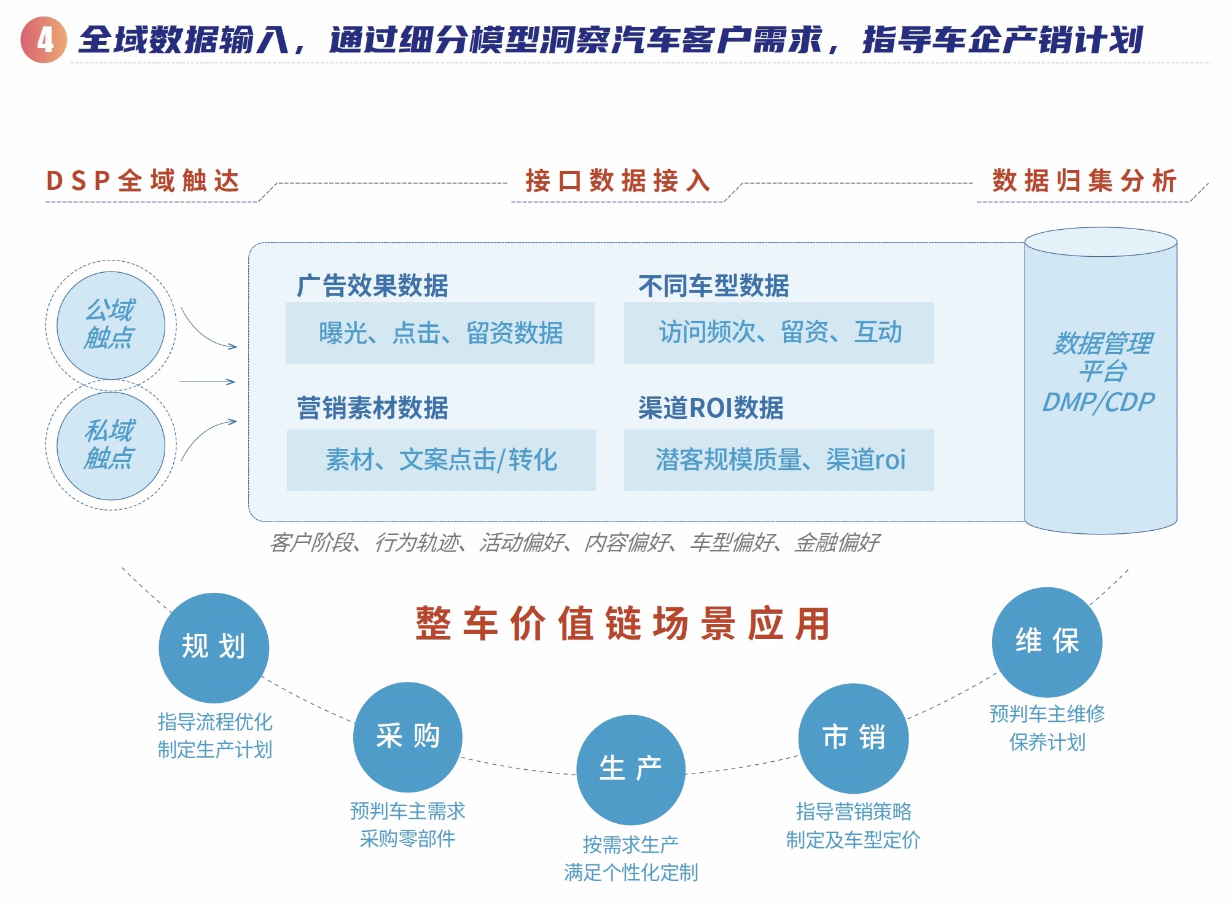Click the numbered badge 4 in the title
44,40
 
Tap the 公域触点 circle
111,325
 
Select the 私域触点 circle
111,445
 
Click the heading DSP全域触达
143,181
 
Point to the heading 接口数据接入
617,181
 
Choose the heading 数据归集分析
1084,181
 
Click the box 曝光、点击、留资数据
440,332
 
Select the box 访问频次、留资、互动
779,332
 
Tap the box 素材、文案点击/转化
441,460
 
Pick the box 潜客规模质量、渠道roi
779,460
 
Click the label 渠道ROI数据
711,408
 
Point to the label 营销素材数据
372,408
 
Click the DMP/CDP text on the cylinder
1098,402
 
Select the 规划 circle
214,648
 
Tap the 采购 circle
408,737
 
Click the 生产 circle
631,769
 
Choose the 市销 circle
853,738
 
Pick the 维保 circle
1047,642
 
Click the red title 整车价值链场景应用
623,624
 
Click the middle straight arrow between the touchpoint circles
208,382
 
